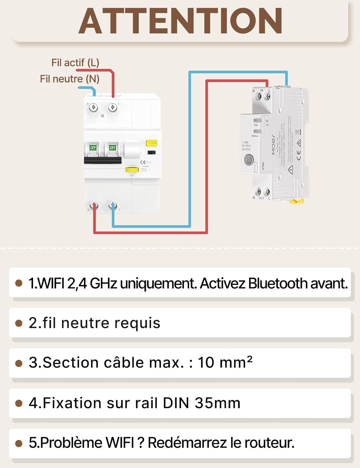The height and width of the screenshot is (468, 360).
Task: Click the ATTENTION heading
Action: [180, 21]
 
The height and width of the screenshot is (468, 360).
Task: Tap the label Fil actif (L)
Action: [75, 63]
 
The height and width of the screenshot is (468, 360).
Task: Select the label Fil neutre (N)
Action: [70, 79]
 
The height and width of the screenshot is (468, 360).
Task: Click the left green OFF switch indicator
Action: [93, 148]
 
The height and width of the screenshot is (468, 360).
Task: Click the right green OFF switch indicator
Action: [112, 148]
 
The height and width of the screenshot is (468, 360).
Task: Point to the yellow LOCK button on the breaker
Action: [132, 170]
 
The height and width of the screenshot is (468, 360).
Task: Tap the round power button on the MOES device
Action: [249, 160]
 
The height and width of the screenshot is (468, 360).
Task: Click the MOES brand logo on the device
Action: [273, 144]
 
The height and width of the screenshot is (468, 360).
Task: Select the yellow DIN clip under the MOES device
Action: [296, 201]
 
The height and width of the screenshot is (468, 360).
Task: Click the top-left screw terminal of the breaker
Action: [93, 108]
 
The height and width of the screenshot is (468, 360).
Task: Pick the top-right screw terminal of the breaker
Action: [112, 108]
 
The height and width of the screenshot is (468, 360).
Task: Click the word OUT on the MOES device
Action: [261, 198]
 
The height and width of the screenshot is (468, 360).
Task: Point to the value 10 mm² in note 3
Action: [225, 363]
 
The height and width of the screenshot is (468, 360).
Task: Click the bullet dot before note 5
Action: [19, 443]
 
